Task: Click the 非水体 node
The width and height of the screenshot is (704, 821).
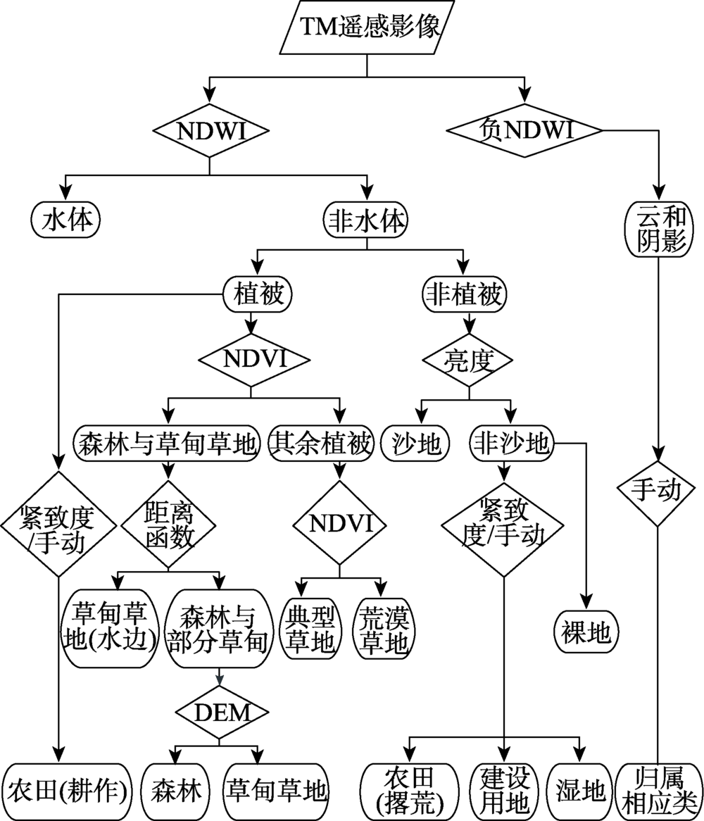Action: click(366, 220)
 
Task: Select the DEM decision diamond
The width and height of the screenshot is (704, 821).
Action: click(222, 713)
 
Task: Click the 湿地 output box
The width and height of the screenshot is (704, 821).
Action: click(580, 791)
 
